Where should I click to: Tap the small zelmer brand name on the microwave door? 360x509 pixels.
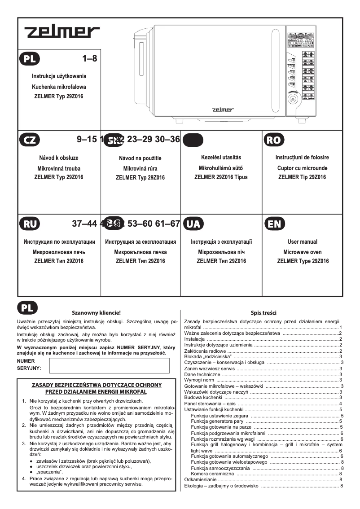coord(223,109)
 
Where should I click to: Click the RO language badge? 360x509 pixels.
coord(273,140)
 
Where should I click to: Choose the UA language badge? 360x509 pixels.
coord(193,224)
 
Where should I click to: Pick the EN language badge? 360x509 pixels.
coord(273,224)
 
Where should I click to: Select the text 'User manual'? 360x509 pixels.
coord(303,242)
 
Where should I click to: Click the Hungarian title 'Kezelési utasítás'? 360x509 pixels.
coord(221,158)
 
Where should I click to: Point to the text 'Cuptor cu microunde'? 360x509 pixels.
coord(303,168)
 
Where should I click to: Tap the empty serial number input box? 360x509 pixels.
coord(109,365)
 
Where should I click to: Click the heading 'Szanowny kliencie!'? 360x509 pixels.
coord(97,312)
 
